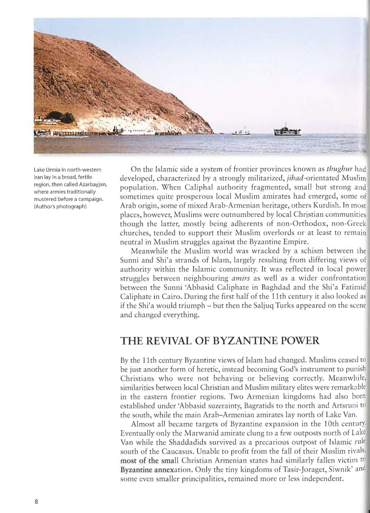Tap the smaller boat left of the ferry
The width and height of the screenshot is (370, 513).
[241, 132]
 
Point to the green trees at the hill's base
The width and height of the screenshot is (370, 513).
[60, 117]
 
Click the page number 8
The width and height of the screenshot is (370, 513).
[36, 501]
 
